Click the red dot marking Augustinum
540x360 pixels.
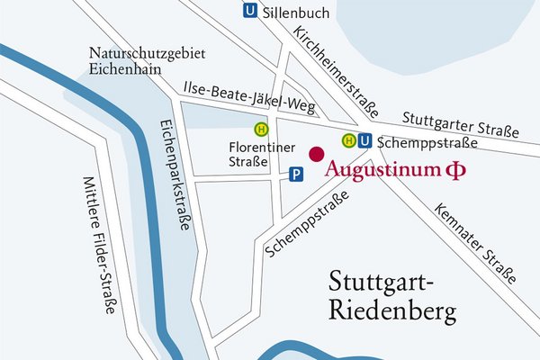click(316, 154)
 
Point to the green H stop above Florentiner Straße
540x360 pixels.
click(261, 129)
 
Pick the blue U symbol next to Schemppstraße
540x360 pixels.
click(364, 140)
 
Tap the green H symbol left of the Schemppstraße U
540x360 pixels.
click(347, 140)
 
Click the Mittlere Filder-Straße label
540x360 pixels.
click(100, 243)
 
